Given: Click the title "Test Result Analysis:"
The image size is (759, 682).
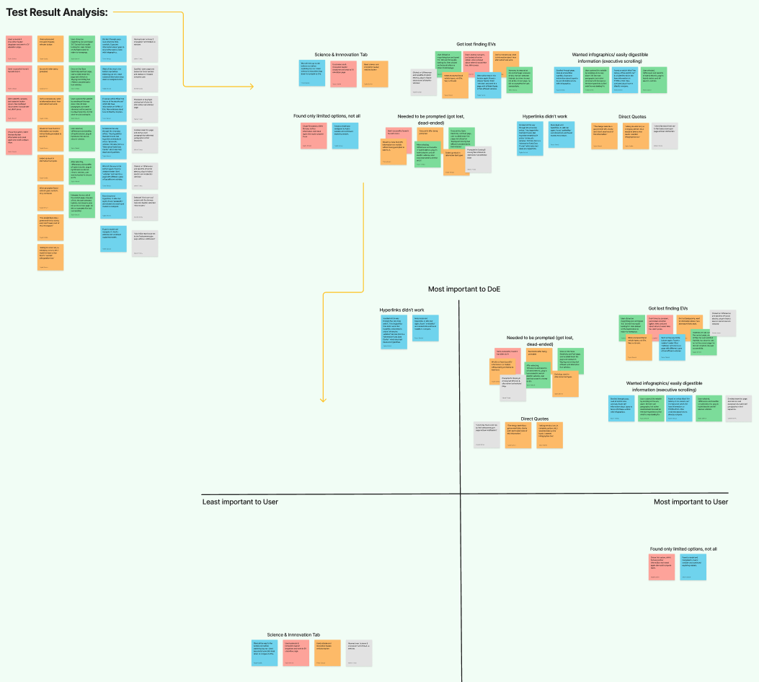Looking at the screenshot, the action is pyautogui.click(x=57, y=12).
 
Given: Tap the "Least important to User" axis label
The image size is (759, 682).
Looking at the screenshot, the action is pyautogui.click(x=240, y=502).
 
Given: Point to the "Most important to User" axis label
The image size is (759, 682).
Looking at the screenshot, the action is pyautogui.click(x=690, y=502).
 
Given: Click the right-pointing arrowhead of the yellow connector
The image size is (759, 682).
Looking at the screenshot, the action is pyautogui.click(x=252, y=87).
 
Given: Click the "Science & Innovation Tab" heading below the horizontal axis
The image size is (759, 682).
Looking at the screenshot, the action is pyautogui.click(x=293, y=634).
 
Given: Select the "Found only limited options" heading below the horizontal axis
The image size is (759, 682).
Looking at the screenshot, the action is pyautogui.click(x=683, y=548).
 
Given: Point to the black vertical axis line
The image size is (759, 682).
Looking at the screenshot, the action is pyautogui.click(x=460, y=433).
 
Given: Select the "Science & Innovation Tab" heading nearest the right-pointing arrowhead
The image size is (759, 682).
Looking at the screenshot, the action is pyautogui.click(x=342, y=55).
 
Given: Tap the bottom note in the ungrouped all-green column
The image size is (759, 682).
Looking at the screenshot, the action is pyautogui.click(x=81, y=209).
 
